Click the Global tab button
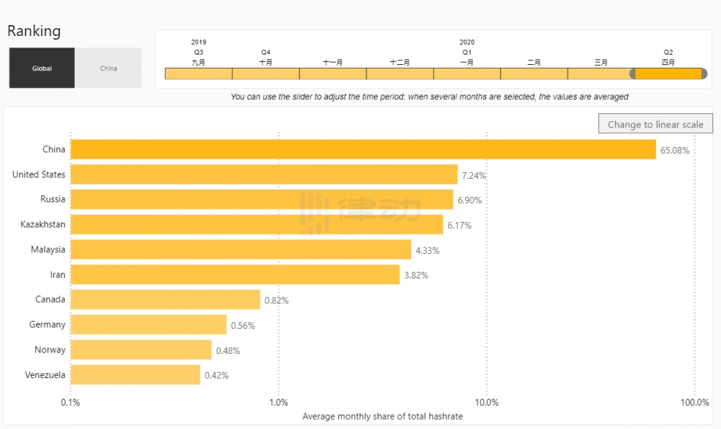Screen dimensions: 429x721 42,68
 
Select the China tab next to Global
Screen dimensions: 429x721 108,68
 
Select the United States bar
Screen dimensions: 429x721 264,174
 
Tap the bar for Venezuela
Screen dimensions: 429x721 135,375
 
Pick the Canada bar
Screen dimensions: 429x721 165,299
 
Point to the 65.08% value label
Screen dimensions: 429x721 675,151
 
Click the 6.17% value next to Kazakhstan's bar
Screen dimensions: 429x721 459,226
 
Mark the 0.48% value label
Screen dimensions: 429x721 228,351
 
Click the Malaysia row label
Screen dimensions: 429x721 48,249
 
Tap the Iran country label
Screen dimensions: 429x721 58,275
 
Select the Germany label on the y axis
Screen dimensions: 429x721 47,324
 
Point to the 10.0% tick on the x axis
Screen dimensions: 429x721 487,402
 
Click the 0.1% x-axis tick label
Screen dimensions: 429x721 70,402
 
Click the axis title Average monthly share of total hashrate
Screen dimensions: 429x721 382,416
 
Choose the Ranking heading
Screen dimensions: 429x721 34,31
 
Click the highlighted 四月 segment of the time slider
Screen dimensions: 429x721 668,74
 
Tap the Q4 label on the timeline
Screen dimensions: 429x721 266,52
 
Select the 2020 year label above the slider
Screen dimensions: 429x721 466,43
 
